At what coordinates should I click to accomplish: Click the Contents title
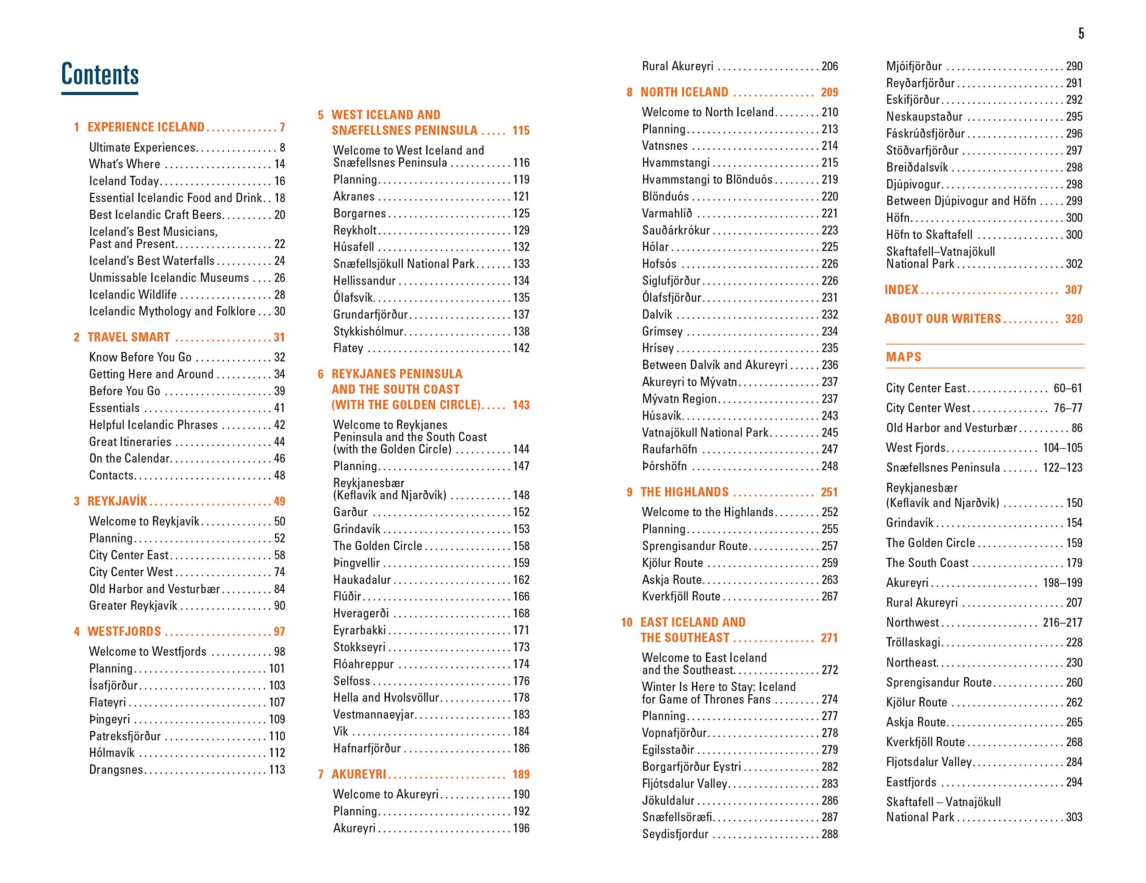(x=100, y=74)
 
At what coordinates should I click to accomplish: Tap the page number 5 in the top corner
(x=1081, y=34)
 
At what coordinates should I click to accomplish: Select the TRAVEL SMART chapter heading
(x=128, y=337)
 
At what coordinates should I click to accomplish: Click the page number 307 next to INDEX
(x=1073, y=289)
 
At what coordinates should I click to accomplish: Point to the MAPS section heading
(x=903, y=357)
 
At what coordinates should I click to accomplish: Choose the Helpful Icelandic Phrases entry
(x=153, y=425)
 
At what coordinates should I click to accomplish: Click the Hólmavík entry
(x=112, y=752)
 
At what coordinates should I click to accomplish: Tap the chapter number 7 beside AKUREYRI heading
(x=321, y=774)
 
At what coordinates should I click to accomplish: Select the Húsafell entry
(x=354, y=247)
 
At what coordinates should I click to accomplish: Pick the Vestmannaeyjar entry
(x=374, y=714)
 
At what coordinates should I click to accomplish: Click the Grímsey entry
(x=662, y=331)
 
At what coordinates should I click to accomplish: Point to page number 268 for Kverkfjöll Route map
(x=1073, y=742)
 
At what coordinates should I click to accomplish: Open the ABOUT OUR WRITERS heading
(x=942, y=319)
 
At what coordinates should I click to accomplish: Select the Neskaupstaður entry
(x=924, y=116)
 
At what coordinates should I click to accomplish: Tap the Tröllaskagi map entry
(x=913, y=642)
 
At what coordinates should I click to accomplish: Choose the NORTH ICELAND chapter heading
(x=684, y=92)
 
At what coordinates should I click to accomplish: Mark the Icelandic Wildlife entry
(x=133, y=295)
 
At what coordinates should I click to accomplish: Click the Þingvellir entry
(x=356, y=563)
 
